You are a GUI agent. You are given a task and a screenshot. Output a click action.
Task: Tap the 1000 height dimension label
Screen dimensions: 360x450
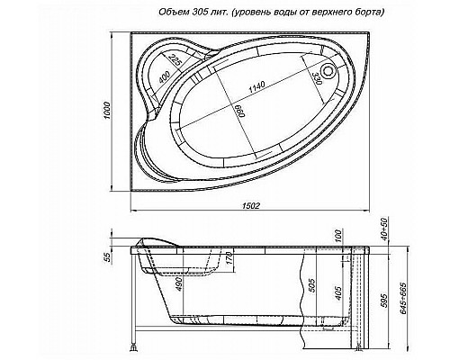[x=105, y=109]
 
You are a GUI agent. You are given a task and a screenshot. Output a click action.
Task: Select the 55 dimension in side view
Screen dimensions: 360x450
[x=107, y=259]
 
